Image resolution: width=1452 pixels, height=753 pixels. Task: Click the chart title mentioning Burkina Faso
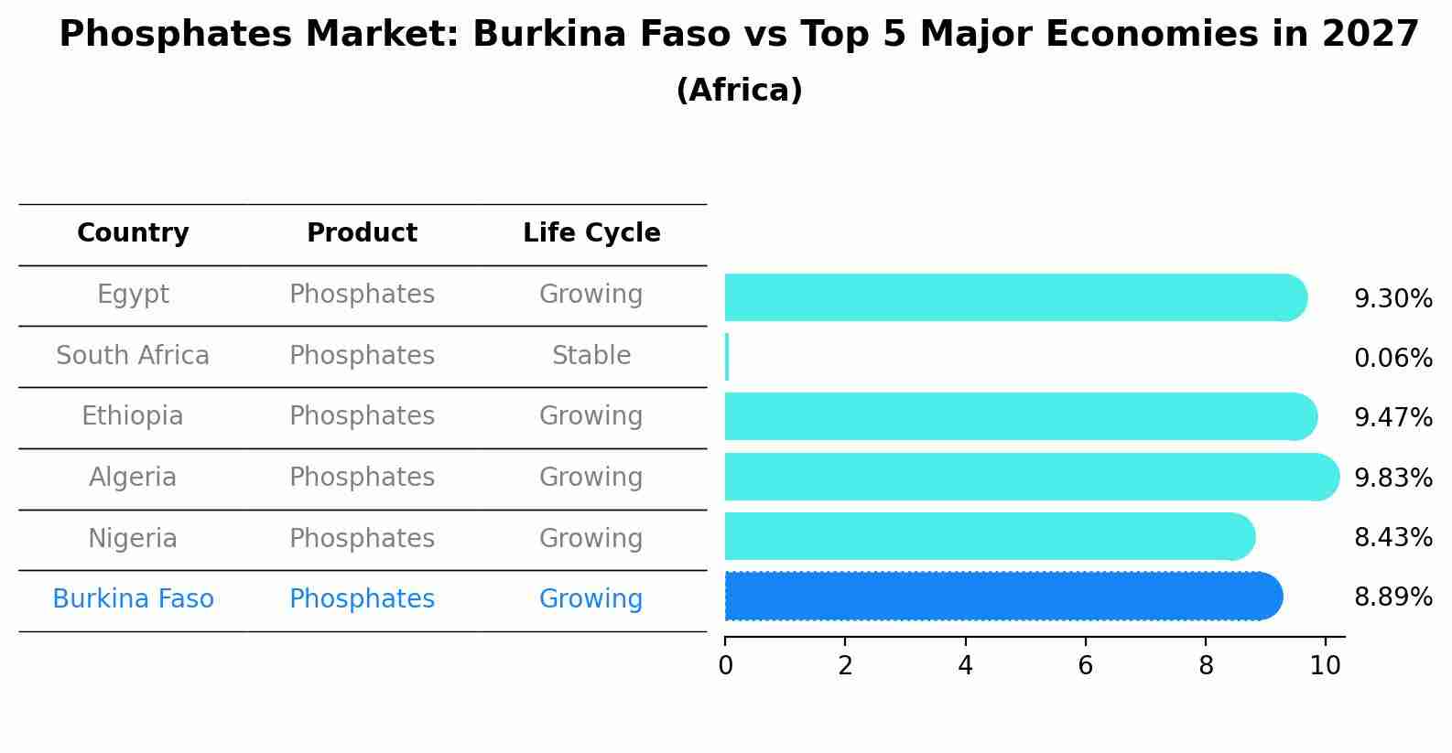tap(739, 35)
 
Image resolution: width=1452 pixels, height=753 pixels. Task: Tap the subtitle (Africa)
tap(739, 91)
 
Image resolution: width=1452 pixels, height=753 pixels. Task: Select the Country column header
tap(133, 233)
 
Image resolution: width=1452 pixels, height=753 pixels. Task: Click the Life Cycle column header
tap(591, 233)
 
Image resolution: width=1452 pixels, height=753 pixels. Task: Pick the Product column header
tap(362, 233)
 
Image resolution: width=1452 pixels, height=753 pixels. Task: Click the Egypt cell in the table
tap(133, 295)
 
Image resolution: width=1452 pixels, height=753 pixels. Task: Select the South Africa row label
tap(133, 356)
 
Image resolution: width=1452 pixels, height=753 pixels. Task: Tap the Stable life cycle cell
tap(591, 356)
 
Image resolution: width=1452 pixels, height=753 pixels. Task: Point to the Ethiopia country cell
tap(133, 416)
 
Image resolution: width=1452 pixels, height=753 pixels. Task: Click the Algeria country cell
tap(133, 478)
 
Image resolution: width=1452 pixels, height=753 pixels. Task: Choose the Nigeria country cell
tap(133, 539)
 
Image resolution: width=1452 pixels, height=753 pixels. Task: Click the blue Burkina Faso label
tap(133, 599)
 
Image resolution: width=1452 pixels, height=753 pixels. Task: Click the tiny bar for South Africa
tap(727, 357)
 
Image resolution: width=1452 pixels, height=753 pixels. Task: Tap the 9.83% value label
tap(1392, 478)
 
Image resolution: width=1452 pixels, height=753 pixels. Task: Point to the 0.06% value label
tap(1392, 359)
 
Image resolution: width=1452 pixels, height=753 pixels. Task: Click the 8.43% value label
tap(1392, 537)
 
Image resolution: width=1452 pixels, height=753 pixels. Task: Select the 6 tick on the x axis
tap(1085, 666)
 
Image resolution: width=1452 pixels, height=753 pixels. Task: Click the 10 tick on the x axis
tap(1325, 666)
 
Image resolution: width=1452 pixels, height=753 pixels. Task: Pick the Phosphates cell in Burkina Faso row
tap(362, 599)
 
